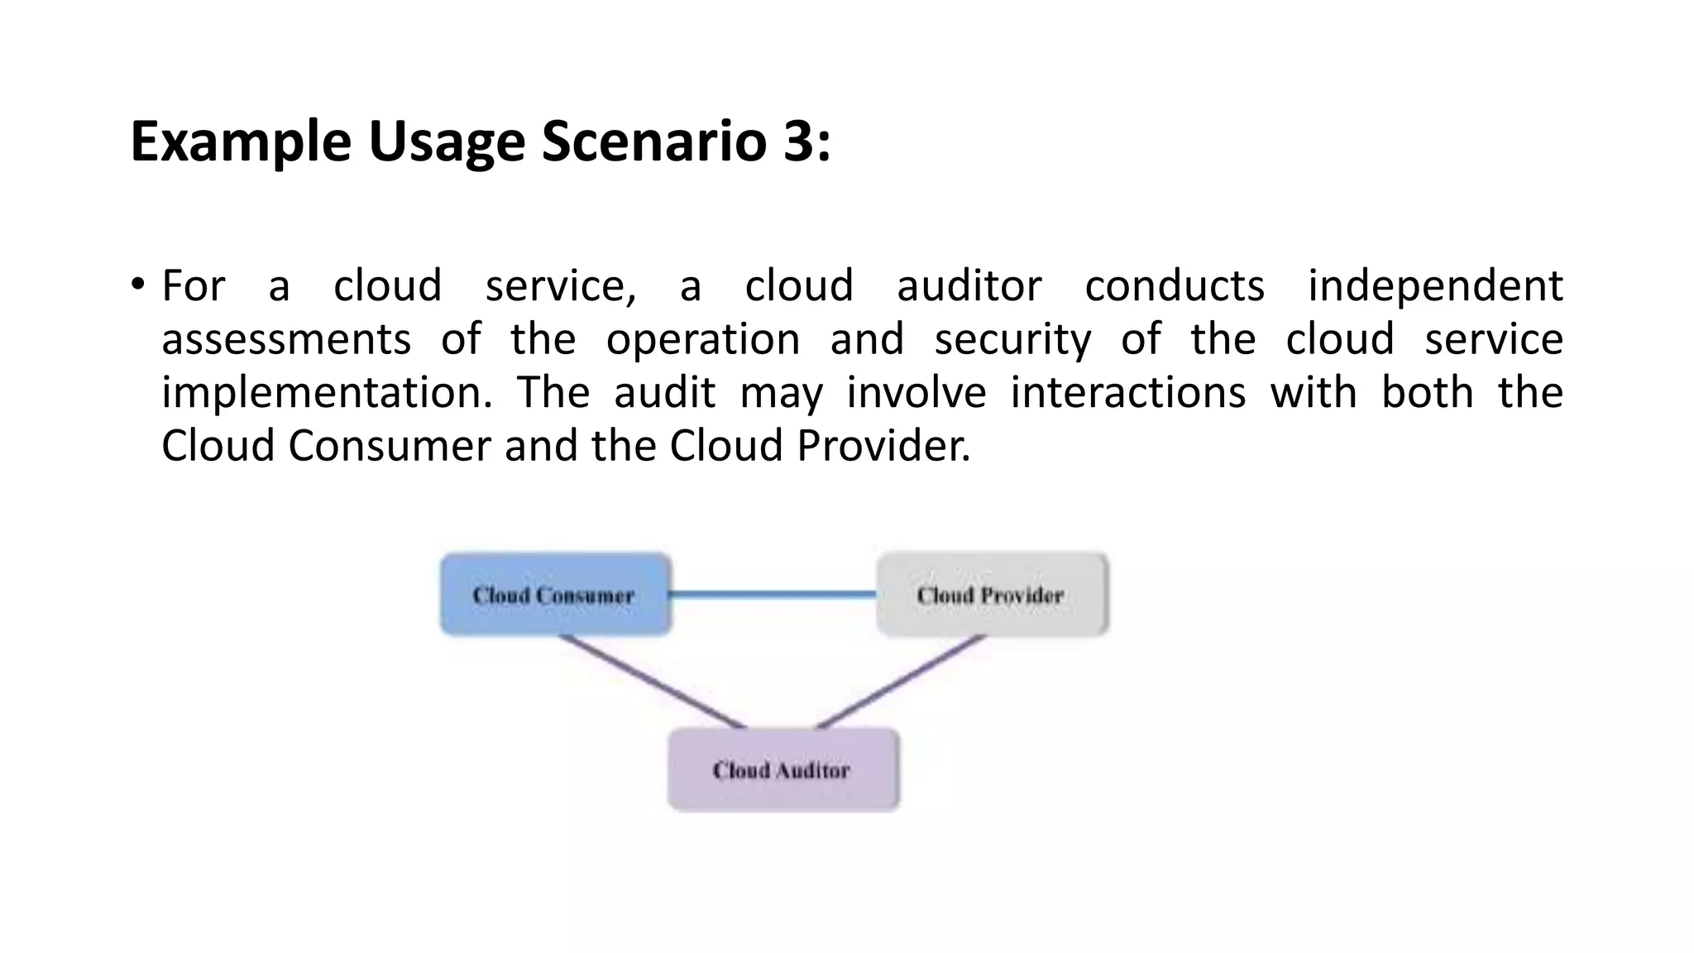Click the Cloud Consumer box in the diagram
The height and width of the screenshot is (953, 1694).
click(554, 595)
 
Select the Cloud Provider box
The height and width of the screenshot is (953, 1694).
click(991, 595)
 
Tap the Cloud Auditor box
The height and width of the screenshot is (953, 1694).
click(782, 770)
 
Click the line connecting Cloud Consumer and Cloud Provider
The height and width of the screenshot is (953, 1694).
click(773, 594)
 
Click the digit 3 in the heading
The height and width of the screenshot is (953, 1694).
click(798, 141)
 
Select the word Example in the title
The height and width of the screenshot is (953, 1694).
click(241, 141)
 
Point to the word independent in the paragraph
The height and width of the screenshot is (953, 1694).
click(1435, 286)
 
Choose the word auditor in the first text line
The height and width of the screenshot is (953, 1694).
click(969, 286)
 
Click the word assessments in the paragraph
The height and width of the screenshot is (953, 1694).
click(286, 339)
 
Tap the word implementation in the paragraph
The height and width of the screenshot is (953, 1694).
click(327, 393)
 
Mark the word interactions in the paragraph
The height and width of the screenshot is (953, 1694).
click(1128, 393)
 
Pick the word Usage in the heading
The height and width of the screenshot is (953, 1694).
click(447, 141)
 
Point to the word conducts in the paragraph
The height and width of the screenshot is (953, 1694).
click(1175, 286)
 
